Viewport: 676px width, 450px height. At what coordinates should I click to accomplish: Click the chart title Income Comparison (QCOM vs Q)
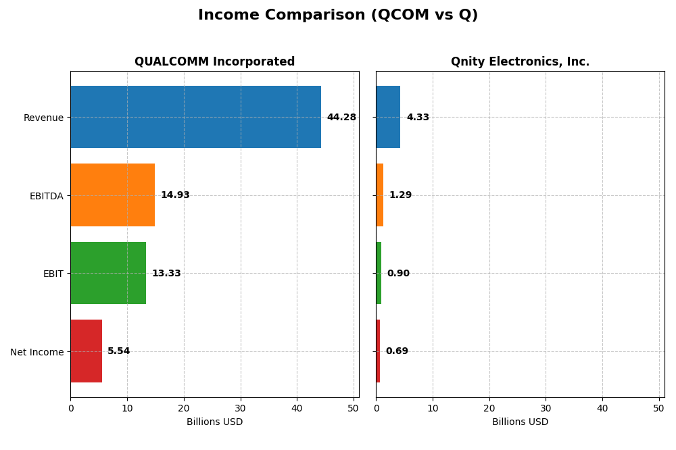337,15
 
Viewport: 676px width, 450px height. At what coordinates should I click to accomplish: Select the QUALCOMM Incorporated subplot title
214,61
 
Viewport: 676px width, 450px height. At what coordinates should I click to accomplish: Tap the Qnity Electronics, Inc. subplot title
520,61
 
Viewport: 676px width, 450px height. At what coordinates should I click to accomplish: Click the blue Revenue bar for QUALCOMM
195,117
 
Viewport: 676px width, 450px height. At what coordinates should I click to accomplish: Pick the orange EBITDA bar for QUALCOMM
112,195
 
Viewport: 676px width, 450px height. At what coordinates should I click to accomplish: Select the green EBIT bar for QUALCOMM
108,273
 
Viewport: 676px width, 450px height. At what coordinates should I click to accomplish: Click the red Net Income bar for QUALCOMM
86,351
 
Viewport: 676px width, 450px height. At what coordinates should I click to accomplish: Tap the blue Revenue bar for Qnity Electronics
388,117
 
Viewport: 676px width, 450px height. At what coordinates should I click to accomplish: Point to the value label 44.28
341,118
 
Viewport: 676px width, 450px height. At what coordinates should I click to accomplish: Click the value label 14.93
175,195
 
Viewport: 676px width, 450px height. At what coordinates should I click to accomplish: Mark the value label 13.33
166,274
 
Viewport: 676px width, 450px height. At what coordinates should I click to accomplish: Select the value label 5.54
118,351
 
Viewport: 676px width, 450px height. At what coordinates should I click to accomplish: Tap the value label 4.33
418,118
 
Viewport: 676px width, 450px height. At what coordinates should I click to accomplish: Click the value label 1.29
400,195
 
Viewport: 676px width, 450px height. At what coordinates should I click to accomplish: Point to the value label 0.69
397,351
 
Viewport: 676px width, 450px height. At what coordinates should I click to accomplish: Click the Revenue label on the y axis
43,118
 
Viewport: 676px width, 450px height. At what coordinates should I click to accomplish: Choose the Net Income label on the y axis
37,351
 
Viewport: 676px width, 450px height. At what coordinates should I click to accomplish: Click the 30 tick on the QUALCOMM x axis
240,408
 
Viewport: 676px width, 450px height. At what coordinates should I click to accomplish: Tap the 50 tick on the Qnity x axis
658,408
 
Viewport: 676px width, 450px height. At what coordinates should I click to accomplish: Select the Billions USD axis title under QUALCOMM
214,422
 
